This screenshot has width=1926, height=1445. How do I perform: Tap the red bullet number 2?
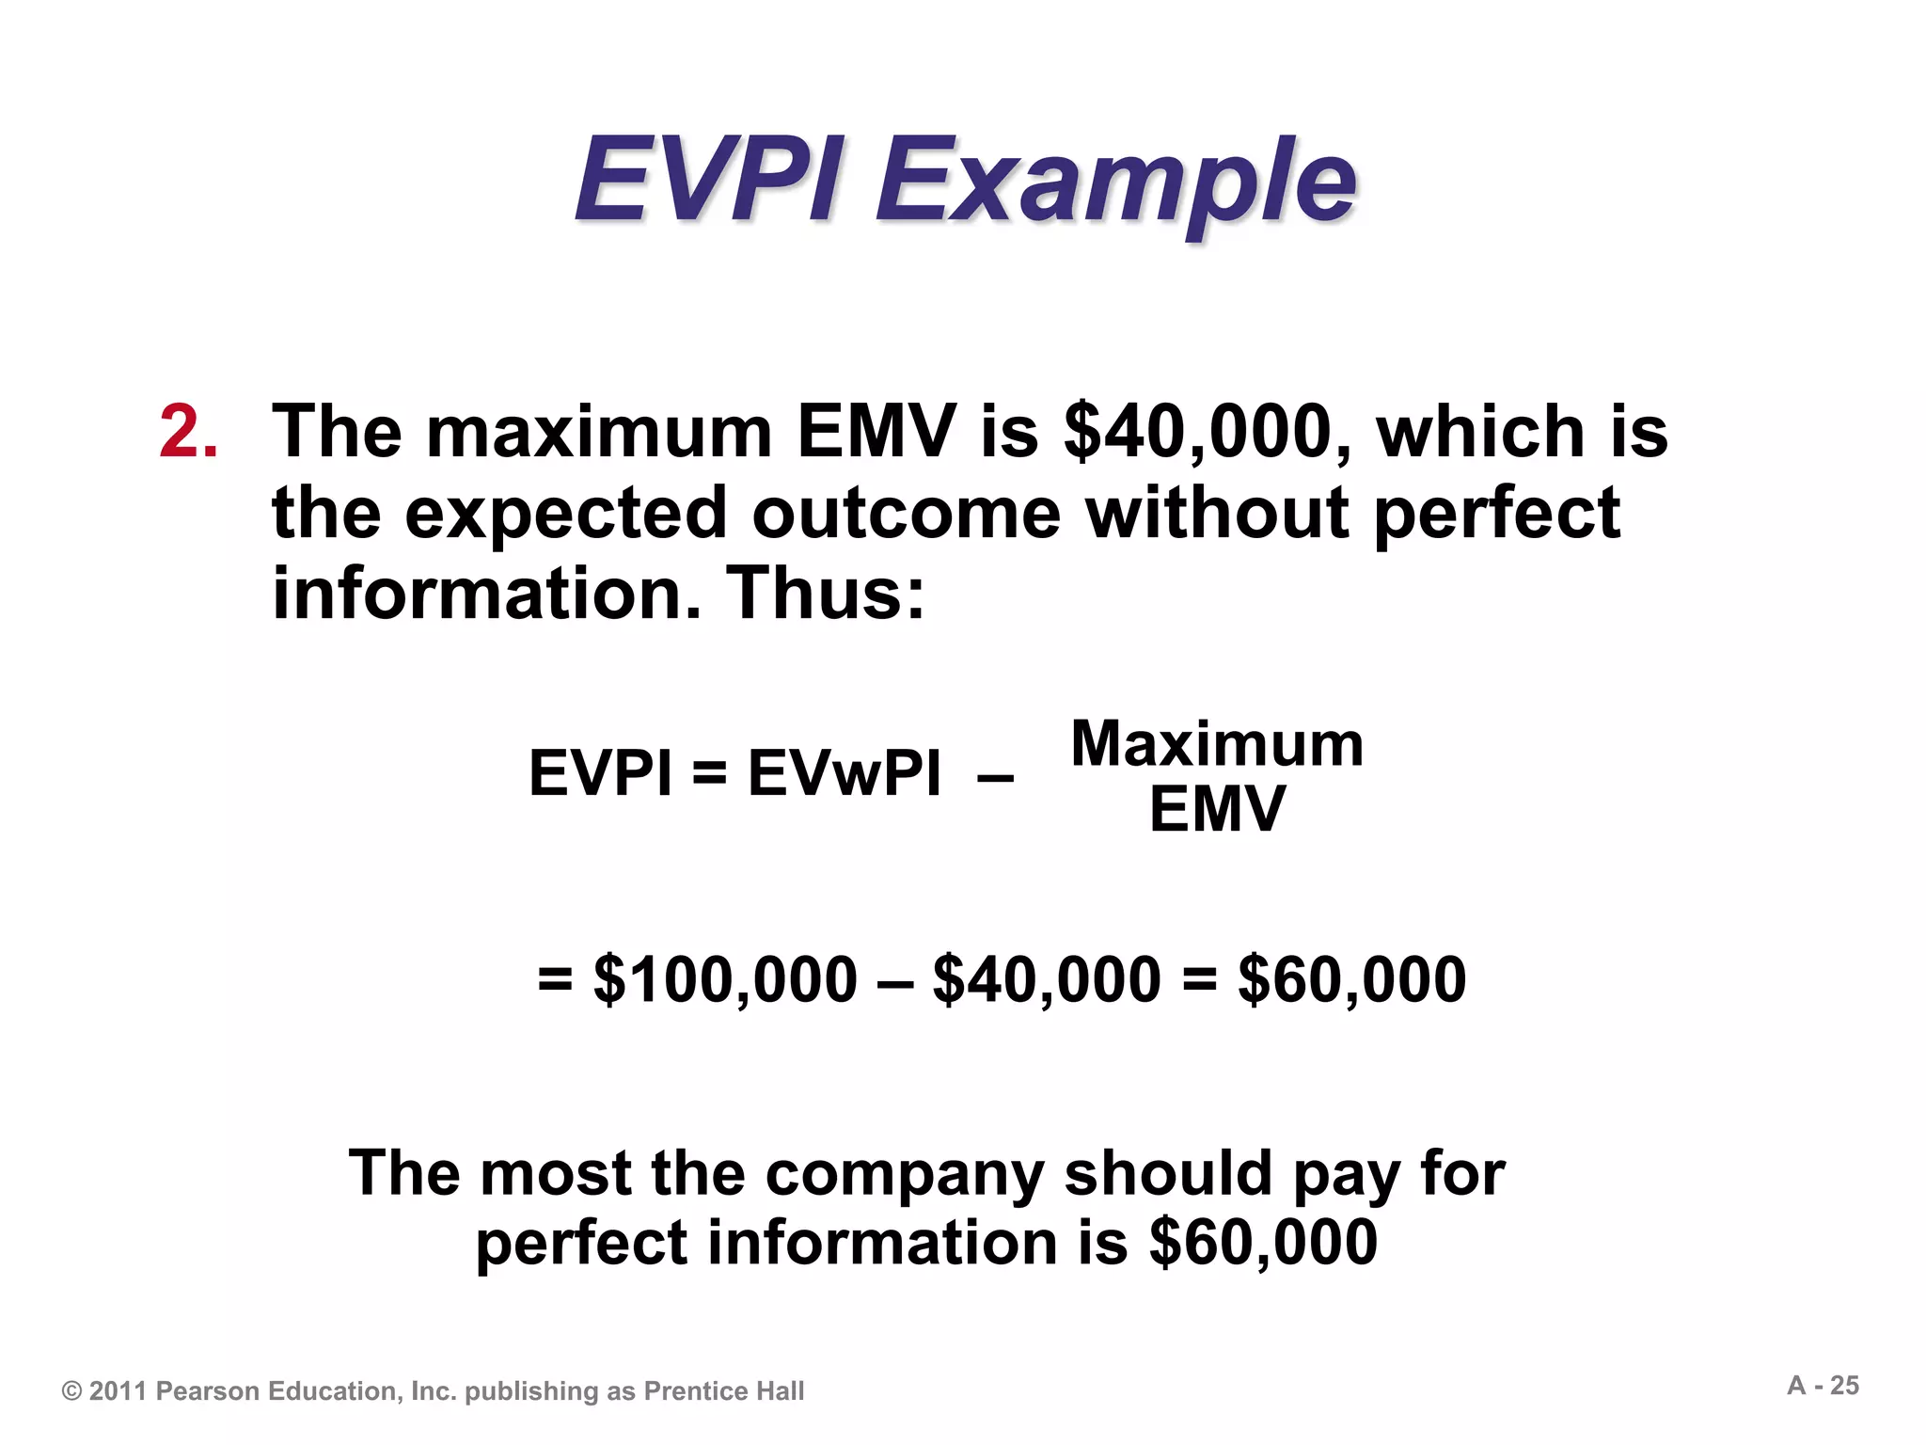(188, 432)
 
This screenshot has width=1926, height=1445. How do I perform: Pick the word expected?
(566, 514)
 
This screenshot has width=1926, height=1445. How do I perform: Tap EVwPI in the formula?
(844, 773)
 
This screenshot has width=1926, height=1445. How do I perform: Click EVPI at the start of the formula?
(600, 773)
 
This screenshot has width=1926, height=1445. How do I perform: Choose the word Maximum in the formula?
(1217, 744)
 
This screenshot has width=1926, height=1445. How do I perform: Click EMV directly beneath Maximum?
(1217, 809)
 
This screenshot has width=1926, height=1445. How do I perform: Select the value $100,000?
(725, 979)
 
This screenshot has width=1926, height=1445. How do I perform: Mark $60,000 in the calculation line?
(1351, 979)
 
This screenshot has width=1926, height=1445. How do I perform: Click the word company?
(905, 1174)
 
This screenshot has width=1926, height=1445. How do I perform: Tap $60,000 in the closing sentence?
(1263, 1243)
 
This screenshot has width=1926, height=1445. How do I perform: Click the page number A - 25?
(1823, 1386)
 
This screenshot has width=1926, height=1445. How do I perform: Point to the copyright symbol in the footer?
(71, 1391)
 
